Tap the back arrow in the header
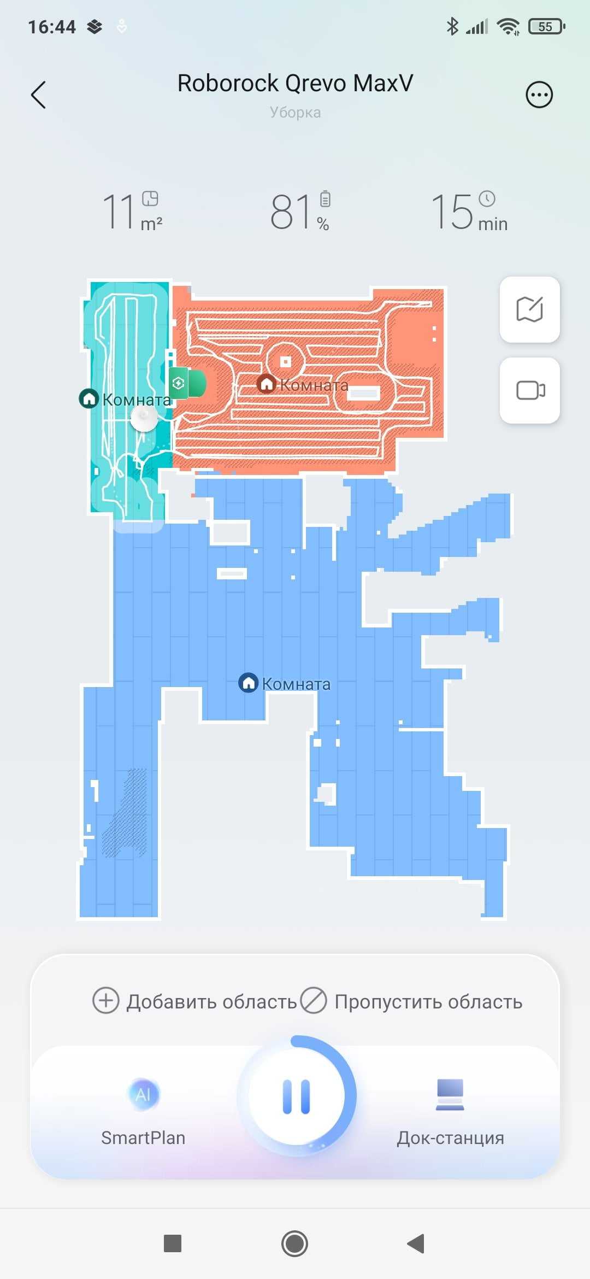pos(38,95)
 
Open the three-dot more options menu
pos(539,95)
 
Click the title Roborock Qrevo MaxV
pos(295,83)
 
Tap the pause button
pos(297,1096)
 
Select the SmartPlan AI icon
pos(143,1094)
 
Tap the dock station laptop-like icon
pos(450,1094)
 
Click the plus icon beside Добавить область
pos(105,1001)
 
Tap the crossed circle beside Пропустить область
pos(314,1001)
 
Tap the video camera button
pos(530,390)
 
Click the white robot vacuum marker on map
pos(144,418)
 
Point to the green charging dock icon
pos(187,383)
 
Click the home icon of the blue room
pos(249,683)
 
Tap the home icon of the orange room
pos(267,384)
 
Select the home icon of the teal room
pos(88,398)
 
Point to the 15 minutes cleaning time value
pos(452,212)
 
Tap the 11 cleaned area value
pos(119,212)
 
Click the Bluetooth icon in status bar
pos(452,26)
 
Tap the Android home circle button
pos(294,1243)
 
